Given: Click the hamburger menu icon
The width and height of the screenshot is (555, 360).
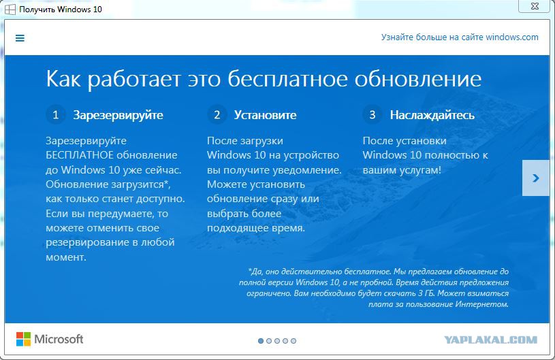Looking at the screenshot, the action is pyautogui.click(x=20, y=38).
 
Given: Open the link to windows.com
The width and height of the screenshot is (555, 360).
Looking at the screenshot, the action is pyautogui.click(x=460, y=37).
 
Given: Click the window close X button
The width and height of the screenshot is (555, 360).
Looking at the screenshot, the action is pyautogui.click(x=535, y=6).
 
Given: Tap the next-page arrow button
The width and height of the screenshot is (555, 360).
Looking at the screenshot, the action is pyautogui.click(x=536, y=178).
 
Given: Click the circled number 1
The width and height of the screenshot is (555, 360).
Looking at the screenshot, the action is pyautogui.click(x=56, y=114).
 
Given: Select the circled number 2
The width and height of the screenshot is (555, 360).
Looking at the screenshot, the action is pyautogui.click(x=217, y=114).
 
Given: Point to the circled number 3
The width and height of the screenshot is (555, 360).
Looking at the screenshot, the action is pyautogui.click(x=372, y=114).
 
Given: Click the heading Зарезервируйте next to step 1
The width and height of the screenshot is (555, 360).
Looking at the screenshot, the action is pyautogui.click(x=118, y=115).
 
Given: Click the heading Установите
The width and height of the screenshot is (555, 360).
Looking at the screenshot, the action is pyautogui.click(x=265, y=115).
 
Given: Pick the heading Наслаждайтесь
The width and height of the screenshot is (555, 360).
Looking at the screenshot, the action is pyautogui.click(x=432, y=115).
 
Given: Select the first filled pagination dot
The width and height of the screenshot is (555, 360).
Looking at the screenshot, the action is pyautogui.click(x=261, y=341).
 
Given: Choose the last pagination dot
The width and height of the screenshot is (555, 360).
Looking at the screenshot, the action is pyautogui.click(x=294, y=341).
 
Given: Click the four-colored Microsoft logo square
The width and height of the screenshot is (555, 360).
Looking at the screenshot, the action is pyautogui.click(x=23, y=339).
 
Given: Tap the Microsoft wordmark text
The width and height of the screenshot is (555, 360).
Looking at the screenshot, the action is pyautogui.click(x=59, y=339).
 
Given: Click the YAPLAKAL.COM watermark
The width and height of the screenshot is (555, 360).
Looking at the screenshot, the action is pyautogui.click(x=490, y=340).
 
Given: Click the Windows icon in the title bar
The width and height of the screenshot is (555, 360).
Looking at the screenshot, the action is pyautogui.click(x=10, y=10).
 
